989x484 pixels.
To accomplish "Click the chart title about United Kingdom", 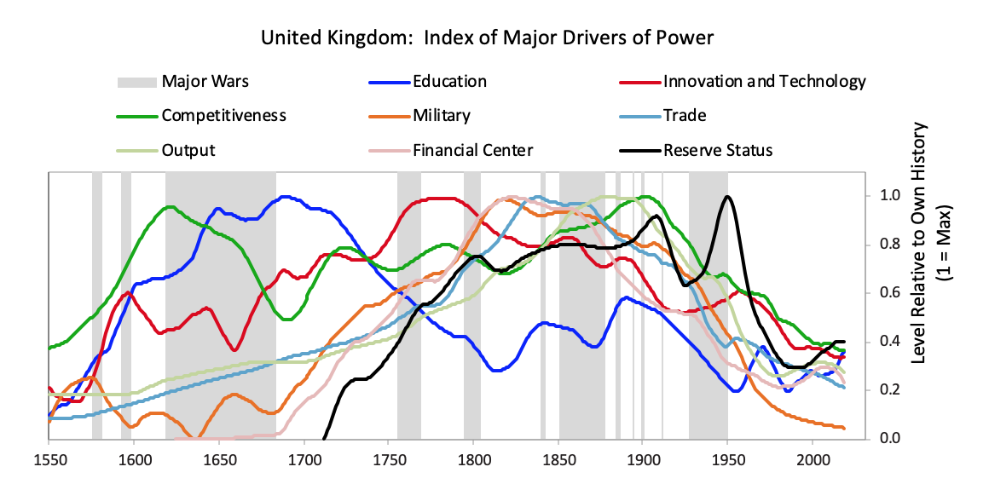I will click(487, 37).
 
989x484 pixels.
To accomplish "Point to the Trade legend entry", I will click(685, 116).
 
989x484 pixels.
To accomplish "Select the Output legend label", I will click(188, 151).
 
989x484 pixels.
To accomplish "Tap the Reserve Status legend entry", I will click(717, 151).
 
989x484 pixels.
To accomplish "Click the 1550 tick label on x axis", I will click(49, 459).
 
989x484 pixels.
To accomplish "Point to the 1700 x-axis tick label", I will click(304, 459).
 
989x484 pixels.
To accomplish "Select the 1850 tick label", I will click(558, 459).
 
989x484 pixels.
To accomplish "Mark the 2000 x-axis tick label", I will click(813, 459).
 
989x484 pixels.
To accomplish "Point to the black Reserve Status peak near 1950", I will click(727, 197).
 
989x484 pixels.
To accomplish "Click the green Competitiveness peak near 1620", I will click(170, 207).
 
